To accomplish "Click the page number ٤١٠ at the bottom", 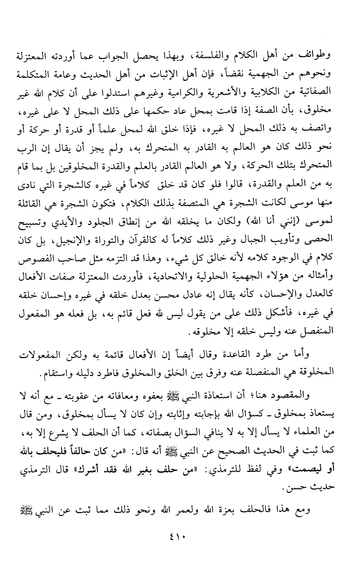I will [x=180, y=535].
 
